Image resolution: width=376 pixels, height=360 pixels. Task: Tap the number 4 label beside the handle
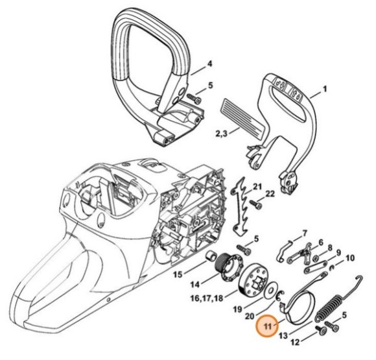[210, 64]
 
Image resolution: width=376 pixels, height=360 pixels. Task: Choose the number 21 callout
[257, 187]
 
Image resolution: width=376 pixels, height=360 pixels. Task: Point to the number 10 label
[349, 257]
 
